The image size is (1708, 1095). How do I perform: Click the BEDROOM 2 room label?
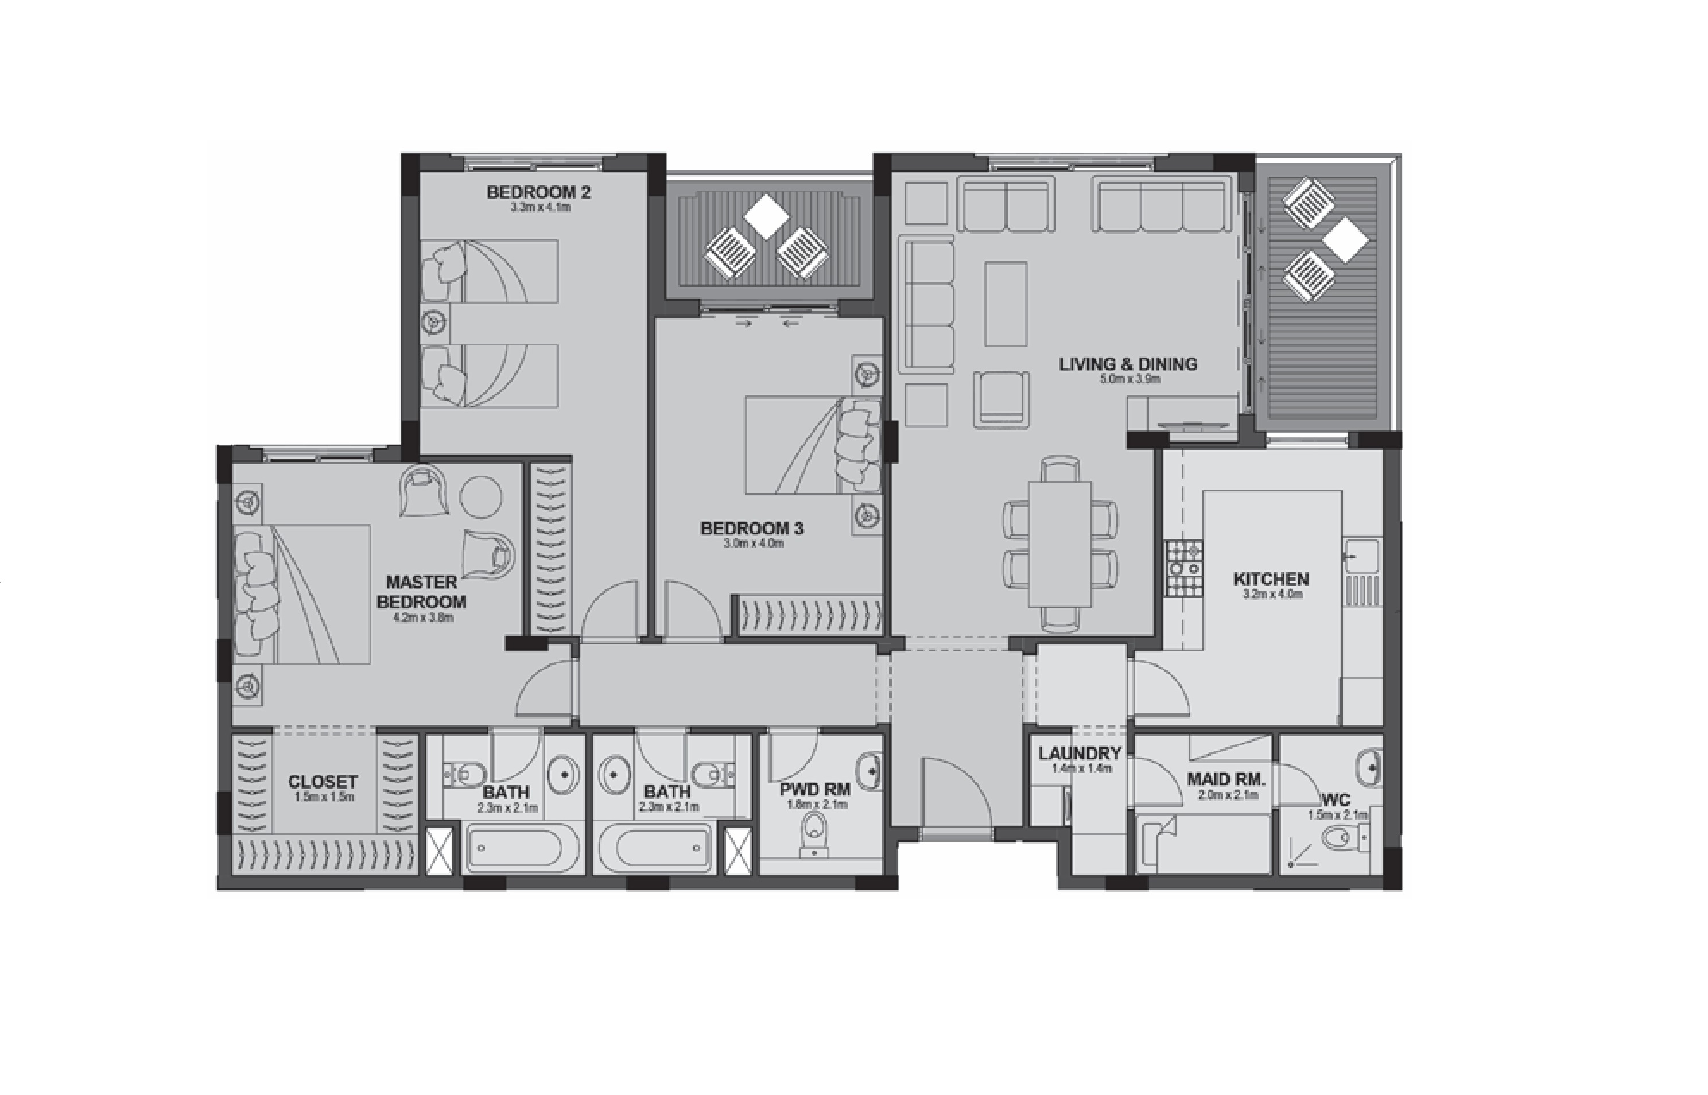538,192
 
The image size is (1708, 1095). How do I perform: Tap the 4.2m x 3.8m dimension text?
422,618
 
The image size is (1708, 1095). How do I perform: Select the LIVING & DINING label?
1128,364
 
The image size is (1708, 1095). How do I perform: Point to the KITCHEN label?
1271,579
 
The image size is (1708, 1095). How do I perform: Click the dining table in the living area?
1059,544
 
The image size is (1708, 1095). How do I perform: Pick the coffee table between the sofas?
1006,304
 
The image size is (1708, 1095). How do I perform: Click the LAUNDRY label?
1079,753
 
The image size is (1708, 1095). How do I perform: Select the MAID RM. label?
1226,779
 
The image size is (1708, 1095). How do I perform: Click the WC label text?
1337,801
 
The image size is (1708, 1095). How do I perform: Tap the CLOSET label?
323,782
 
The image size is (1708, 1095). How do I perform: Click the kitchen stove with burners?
1184,569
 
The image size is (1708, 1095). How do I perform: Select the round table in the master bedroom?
481,497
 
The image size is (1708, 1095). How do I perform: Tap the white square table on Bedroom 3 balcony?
766,215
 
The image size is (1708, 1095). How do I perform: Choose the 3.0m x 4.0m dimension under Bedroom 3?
753,544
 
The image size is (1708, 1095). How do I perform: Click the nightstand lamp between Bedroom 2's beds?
434,323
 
